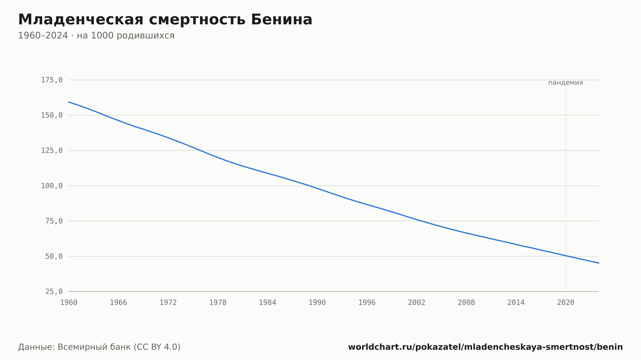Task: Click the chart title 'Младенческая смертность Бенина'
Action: (x=165, y=20)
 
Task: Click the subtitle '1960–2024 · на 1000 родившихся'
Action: (x=96, y=36)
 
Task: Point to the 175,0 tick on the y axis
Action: (x=52, y=80)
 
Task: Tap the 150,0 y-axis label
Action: (x=52, y=115)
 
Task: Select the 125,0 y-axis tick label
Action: (x=52, y=151)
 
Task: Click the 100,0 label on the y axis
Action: (x=52, y=186)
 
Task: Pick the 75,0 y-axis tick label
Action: (x=54, y=221)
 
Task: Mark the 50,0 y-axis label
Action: (x=54, y=256)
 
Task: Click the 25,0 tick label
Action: (x=54, y=291)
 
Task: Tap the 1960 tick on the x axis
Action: (x=69, y=303)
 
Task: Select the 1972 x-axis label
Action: (x=168, y=303)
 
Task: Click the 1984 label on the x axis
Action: (x=268, y=303)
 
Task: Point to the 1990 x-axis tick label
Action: (x=317, y=303)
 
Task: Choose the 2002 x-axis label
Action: (x=417, y=303)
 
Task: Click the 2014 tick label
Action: (x=516, y=303)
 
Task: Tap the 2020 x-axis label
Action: (x=566, y=303)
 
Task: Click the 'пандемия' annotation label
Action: (x=566, y=83)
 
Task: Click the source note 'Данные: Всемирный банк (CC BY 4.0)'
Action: (x=99, y=347)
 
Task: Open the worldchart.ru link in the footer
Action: (x=486, y=347)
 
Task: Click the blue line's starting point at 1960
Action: (x=69, y=102)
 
